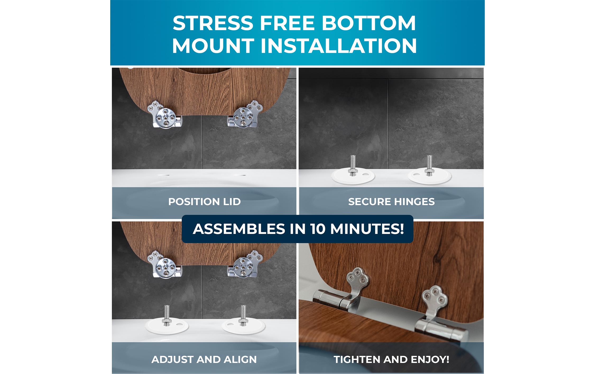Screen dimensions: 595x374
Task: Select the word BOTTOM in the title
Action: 369,23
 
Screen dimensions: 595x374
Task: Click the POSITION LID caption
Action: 204,202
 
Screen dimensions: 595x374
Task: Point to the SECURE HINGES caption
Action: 391,202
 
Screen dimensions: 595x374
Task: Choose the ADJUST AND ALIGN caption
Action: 204,359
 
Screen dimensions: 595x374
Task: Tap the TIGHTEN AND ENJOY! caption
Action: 391,359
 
